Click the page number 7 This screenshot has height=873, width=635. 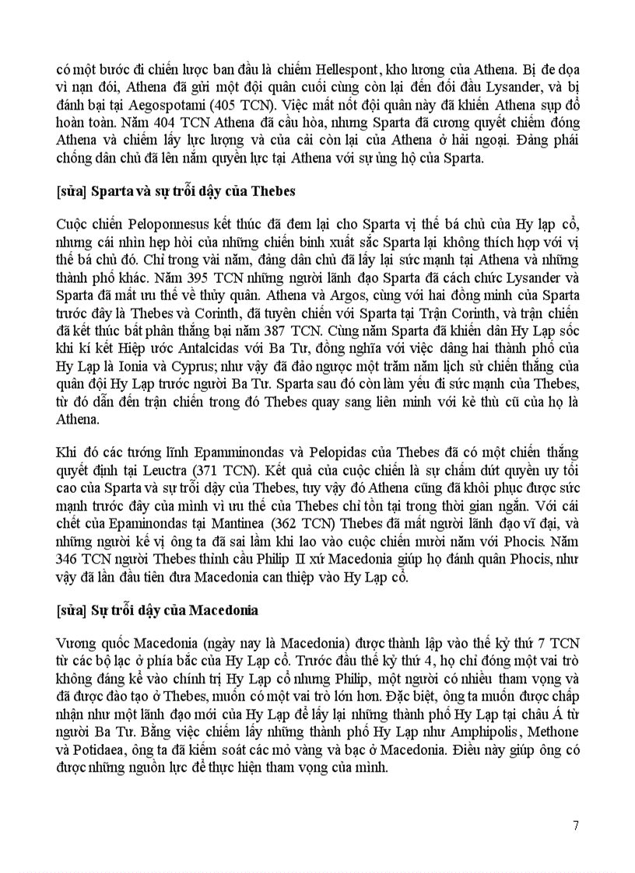(x=575, y=826)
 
